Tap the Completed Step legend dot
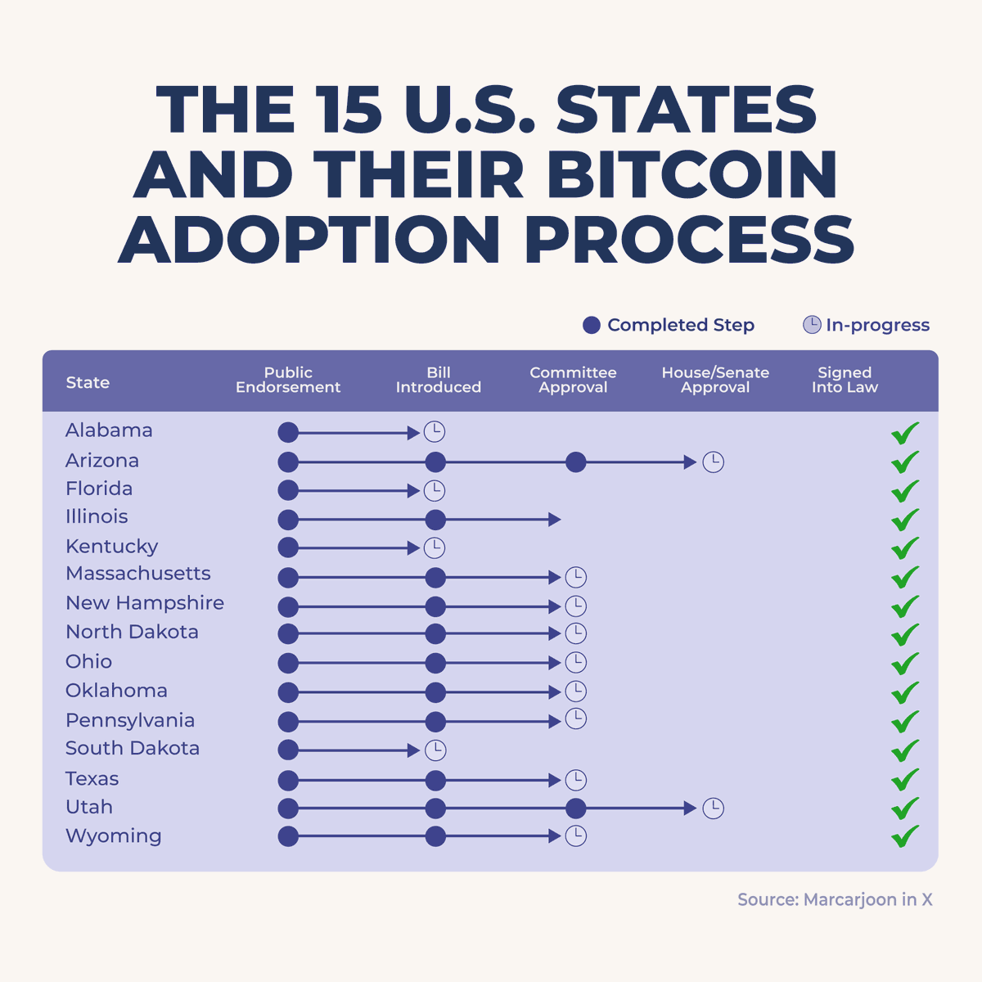pyautogui.click(x=592, y=326)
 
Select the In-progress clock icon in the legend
pyautogui.click(x=811, y=325)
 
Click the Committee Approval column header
pyautogui.click(x=573, y=380)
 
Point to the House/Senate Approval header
pyautogui.click(x=715, y=380)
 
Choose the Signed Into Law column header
pyautogui.click(x=845, y=380)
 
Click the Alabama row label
pyautogui.click(x=109, y=430)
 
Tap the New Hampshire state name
pyautogui.click(x=145, y=603)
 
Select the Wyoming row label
pyautogui.click(x=114, y=836)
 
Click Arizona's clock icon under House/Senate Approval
pyautogui.click(x=714, y=462)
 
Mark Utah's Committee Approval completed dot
pyautogui.click(x=576, y=809)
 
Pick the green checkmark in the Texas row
pyautogui.click(x=905, y=779)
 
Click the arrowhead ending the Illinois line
pyautogui.click(x=555, y=520)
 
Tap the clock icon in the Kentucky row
pyautogui.click(x=435, y=547)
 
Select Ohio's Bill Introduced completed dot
pyautogui.click(x=435, y=663)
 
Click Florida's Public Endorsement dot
pyautogui.click(x=288, y=491)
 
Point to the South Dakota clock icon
pyautogui.click(x=435, y=750)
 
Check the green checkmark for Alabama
pyautogui.click(x=905, y=433)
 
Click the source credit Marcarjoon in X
pyautogui.click(x=835, y=900)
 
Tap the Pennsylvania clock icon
pyautogui.click(x=576, y=719)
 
